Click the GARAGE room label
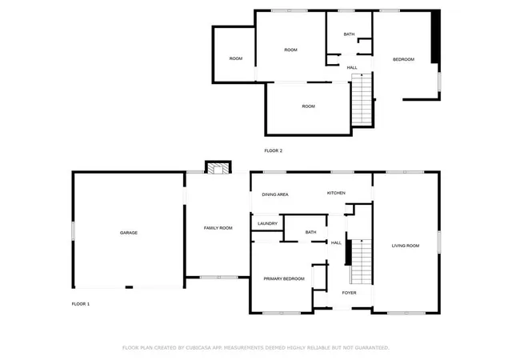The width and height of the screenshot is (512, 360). pyautogui.click(x=129, y=233)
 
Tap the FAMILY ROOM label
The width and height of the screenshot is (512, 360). pyautogui.click(x=218, y=228)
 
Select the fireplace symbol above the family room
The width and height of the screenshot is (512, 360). pyautogui.click(x=218, y=167)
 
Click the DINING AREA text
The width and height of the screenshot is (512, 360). pyautogui.click(x=275, y=194)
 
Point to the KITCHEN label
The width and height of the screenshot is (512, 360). pyautogui.click(x=336, y=193)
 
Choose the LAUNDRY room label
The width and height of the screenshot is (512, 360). pyautogui.click(x=267, y=224)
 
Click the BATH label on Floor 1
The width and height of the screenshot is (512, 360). pyautogui.click(x=311, y=232)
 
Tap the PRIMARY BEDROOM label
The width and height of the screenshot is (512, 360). pyautogui.click(x=284, y=279)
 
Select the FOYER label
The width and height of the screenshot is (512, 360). pyautogui.click(x=349, y=293)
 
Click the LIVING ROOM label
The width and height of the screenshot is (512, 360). pyautogui.click(x=406, y=246)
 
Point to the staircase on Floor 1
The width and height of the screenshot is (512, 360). pyautogui.click(x=361, y=262)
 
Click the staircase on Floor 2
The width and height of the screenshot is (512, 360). pyautogui.click(x=362, y=99)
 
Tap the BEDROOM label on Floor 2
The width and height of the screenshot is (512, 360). pyautogui.click(x=403, y=59)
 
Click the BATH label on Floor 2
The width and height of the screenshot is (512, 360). pyautogui.click(x=349, y=34)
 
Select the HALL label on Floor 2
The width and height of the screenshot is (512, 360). pyautogui.click(x=352, y=68)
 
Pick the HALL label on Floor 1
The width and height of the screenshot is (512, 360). pyautogui.click(x=336, y=242)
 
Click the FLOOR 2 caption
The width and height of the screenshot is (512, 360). pyautogui.click(x=274, y=150)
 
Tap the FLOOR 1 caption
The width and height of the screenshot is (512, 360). pyautogui.click(x=81, y=304)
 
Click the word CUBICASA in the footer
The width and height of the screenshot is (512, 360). pyautogui.click(x=198, y=347)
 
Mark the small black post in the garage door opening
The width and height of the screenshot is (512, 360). pyautogui.click(x=130, y=287)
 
